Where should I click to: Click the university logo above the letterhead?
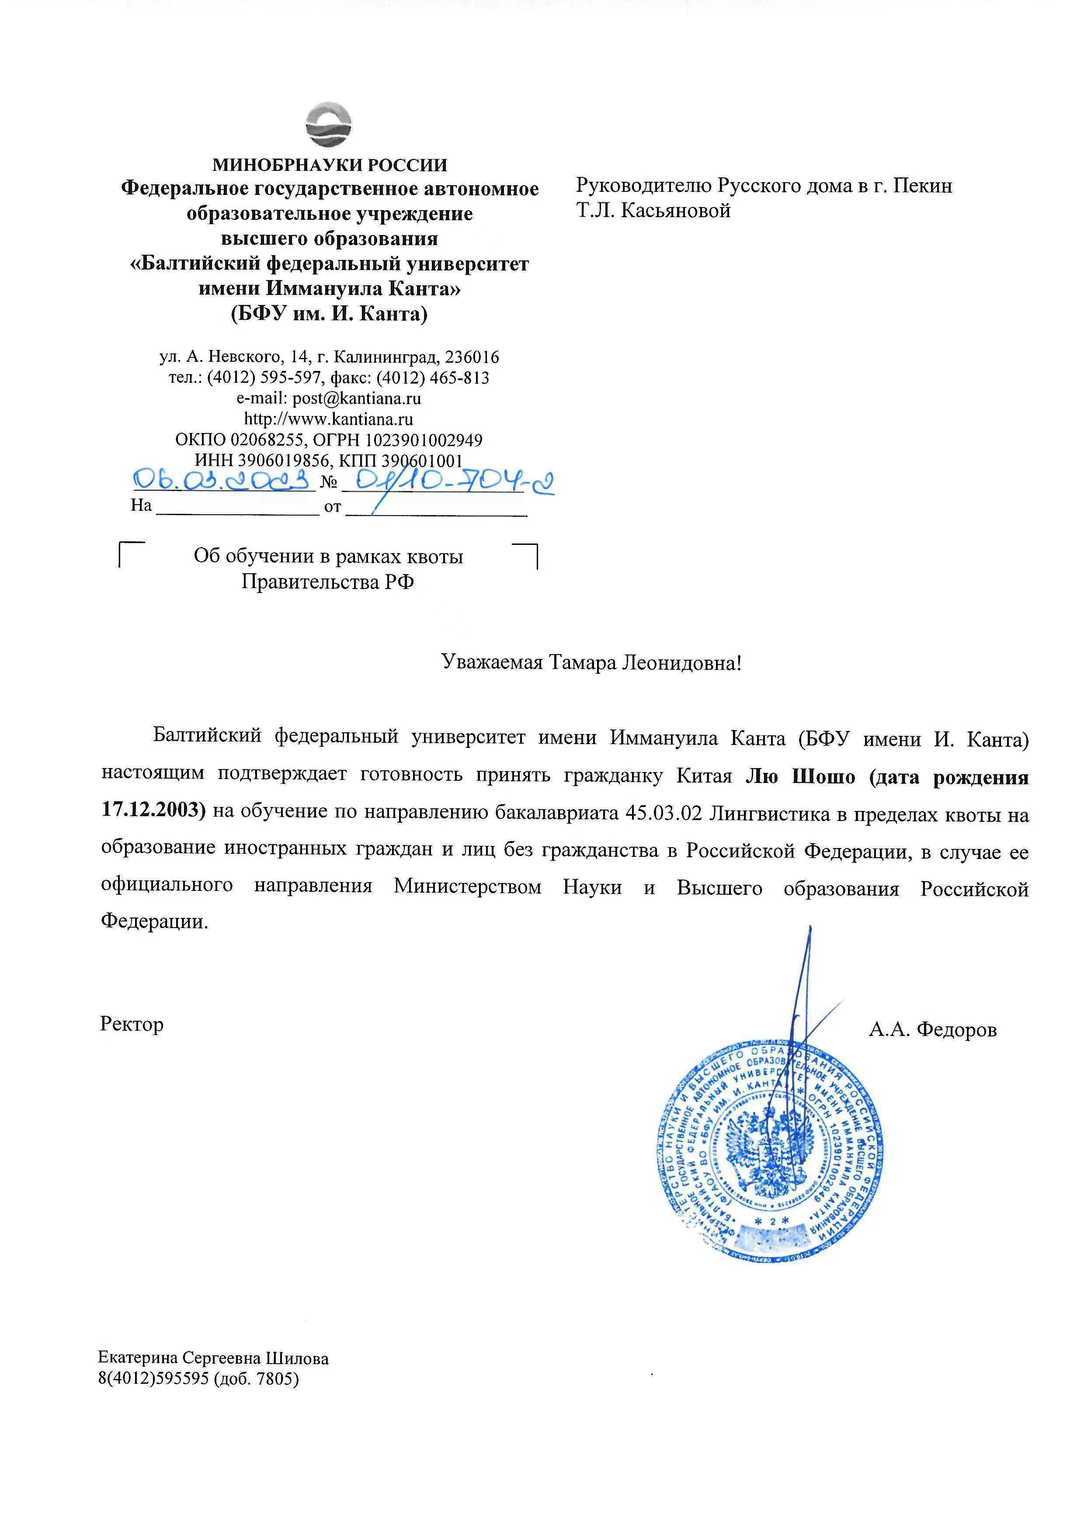pyautogui.click(x=329, y=125)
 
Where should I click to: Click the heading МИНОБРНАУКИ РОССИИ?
pyautogui.click(x=329, y=164)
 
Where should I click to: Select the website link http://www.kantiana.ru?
pyautogui.click(x=329, y=419)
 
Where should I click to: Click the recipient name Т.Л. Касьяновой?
pyautogui.click(x=653, y=211)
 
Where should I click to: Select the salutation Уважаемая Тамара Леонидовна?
pyautogui.click(x=591, y=663)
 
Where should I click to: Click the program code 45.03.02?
pyautogui.click(x=663, y=813)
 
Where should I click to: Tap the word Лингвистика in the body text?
pyautogui.click(x=770, y=814)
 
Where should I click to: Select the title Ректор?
pyautogui.click(x=132, y=1024)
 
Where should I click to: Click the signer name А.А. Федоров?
pyautogui.click(x=932, y=1029)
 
